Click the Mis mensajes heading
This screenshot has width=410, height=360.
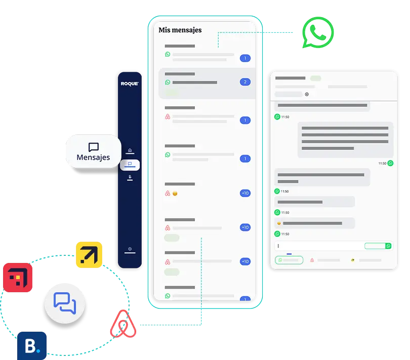180,30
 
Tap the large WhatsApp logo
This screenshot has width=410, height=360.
318,32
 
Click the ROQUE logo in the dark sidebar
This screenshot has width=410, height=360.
130,83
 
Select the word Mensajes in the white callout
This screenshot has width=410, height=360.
93,158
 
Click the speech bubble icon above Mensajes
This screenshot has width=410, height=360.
93,147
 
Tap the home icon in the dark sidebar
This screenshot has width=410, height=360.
130,150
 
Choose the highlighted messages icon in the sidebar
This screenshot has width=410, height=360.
130,164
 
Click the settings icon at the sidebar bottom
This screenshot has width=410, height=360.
130,249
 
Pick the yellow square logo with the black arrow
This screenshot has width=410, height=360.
88,254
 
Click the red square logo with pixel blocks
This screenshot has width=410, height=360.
17,278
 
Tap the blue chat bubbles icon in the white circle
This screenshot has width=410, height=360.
65,303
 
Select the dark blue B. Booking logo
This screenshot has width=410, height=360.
31,346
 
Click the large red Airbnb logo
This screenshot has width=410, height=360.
124,325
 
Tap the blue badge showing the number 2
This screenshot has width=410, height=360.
245,82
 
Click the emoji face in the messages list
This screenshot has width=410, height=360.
175,194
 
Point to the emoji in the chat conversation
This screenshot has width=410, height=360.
278,223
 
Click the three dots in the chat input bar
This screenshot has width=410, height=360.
278,246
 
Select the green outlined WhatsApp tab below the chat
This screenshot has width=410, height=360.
289,260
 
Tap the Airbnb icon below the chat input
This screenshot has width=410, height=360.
312,260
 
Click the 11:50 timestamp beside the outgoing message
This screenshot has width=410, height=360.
383,163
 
